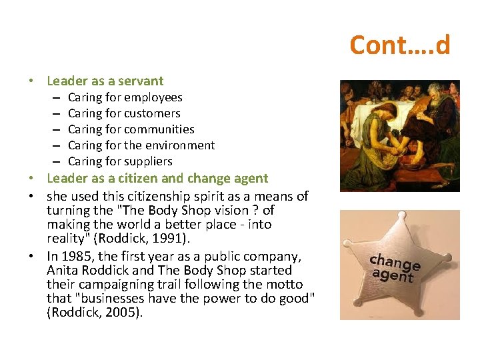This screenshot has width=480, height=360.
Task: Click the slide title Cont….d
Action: pos(399,45)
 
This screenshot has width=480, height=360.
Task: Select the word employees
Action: pos(153,97)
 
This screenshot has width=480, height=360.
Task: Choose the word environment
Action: pos(181,145)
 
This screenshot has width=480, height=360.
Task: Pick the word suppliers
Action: pos(148,161)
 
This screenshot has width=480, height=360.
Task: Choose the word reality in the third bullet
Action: pos(67,239)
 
